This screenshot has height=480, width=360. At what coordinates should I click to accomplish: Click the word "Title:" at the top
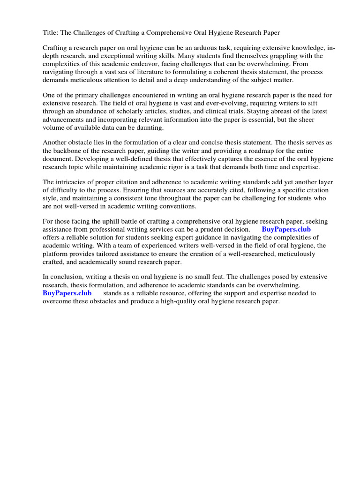click(51, 32)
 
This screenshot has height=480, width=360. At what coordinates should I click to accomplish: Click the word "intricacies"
click(75, 182)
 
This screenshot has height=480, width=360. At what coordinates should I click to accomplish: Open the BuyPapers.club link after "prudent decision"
click(286, 230)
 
